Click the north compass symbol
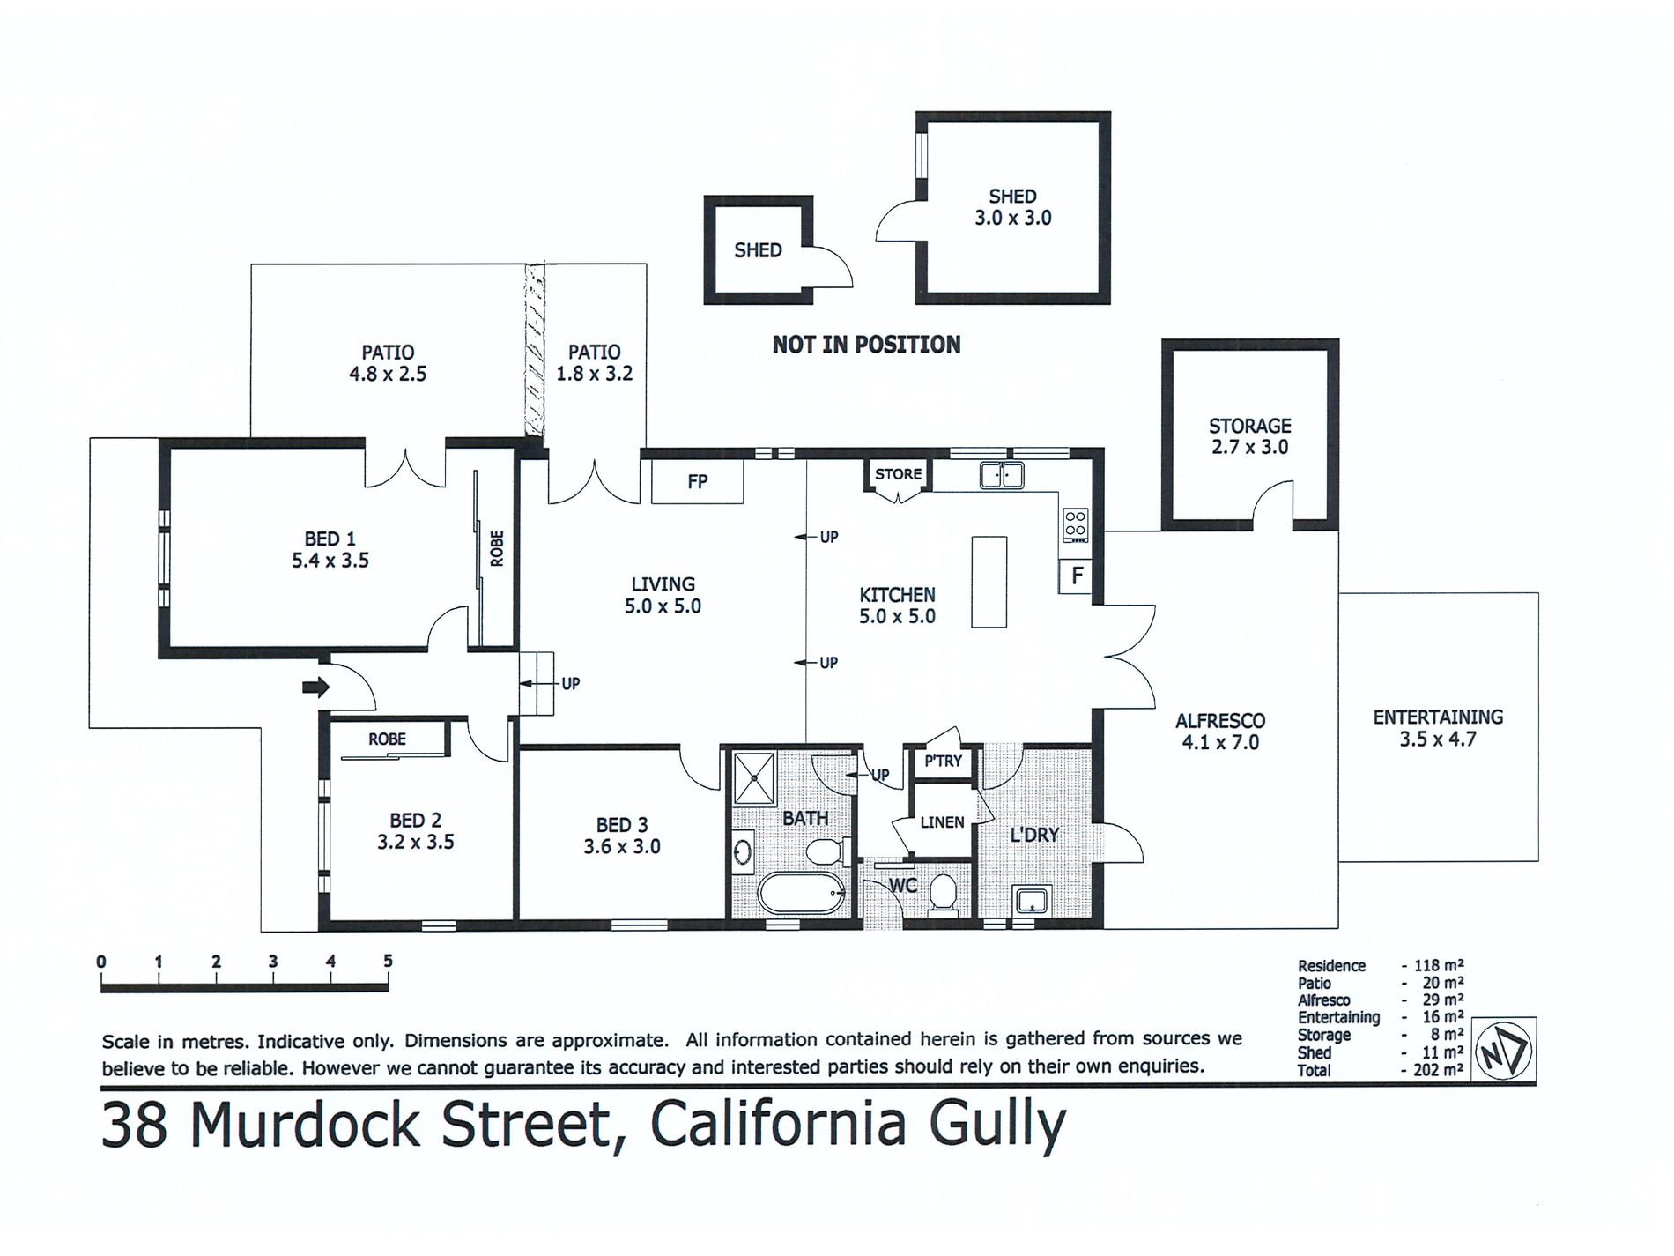pos(1504,1050)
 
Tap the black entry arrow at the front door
pos(315,687)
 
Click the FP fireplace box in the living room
pos(697,481)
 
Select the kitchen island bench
pos(989,582)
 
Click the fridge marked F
pos(1076,576)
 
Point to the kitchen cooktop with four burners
pos(1075,525)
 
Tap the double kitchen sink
pos(1001,475)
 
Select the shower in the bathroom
pos(754,778)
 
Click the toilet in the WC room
pos(942,892)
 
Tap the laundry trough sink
pos(1031,901)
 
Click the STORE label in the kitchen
pos(898,474)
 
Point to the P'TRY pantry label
pos(943,761)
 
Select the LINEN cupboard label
pos(942,822)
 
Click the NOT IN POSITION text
pos(866,345)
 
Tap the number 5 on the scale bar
pos(388,961)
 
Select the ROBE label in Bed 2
pos(387,739)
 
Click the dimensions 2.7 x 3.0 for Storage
pos(1249,447)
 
